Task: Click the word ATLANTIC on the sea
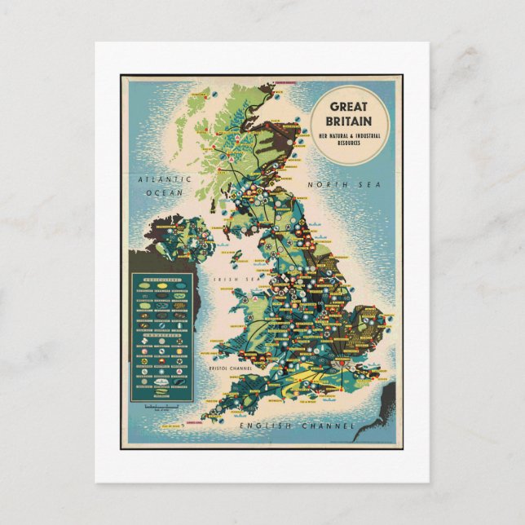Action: pos(163,179)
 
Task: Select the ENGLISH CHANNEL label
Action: pos(298,426)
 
